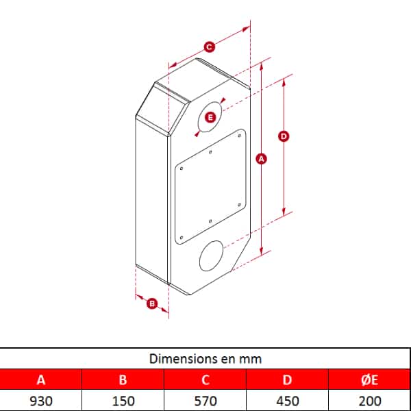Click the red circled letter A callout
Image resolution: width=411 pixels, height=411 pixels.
click(x=261, y=159)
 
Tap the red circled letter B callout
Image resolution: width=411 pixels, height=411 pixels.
click(x=152, y=303)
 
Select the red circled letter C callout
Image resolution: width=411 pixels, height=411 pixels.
click(x=209, y=47)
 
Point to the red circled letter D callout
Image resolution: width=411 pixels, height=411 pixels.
click(x=284, y=136)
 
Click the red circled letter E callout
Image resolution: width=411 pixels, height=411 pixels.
click(x=210, y=117)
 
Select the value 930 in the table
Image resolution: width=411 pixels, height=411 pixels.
click(x=41, y=401)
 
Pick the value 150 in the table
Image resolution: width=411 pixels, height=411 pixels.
click(x=123, y=401)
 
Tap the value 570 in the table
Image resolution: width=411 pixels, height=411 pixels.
click(x=206, y=401)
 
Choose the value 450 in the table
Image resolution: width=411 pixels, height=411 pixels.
click(x=288, y=401)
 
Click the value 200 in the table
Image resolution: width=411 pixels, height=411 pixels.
click(x=370, y=401)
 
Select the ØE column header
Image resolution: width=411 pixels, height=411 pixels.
click(x=370, y=379)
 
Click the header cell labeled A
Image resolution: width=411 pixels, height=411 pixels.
click(x=41, y=379)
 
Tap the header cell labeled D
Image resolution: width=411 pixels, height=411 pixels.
click(x=287, y=379)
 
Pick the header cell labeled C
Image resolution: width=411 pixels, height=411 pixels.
click(x=206, y=379)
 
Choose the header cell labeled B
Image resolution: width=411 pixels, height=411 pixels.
click(x=123, y=379)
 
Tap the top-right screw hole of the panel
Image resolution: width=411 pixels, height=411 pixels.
click(x=239, y=136)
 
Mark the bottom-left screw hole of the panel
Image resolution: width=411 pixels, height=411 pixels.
click(x=182, y=238)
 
